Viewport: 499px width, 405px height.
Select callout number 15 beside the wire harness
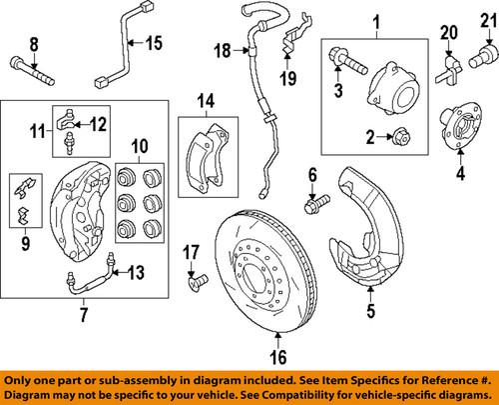click(x=154, y=43)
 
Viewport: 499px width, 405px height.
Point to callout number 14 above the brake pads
click(x=205, y=100)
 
